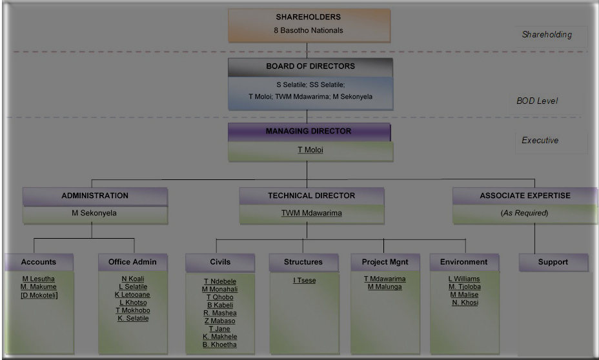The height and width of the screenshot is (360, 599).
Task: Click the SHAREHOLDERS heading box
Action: (x=309, y=17)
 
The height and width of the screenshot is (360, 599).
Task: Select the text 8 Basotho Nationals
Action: (x=309, y=30)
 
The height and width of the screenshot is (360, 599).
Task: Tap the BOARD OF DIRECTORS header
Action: (x=310, y=66)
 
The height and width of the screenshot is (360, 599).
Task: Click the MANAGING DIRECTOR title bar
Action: (x=309, y=132)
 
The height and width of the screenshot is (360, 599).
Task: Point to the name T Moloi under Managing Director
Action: (x=310, y=150)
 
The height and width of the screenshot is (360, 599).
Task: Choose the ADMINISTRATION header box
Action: (x=95, y=196)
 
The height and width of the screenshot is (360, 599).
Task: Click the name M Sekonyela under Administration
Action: (x=94, y=213)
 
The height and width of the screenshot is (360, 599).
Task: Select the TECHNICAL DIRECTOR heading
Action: (x=311, y=196)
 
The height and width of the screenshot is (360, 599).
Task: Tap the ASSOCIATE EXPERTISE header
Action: (x=525, y=196)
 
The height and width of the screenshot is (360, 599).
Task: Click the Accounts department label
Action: (x=39, y=263)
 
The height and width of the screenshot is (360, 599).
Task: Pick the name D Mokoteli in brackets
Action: (x=39, y=295)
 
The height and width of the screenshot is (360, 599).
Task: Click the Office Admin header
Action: (x=133, y=263)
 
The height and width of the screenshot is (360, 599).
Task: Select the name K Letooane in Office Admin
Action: (x=133, y=295)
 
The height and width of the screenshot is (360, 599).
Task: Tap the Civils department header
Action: (x=220, y=263)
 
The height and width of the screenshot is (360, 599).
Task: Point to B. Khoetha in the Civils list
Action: (x=219, y=345)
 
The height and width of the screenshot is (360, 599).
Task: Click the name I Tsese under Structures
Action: (x=304, y=281)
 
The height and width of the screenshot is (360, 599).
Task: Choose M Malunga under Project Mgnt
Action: (x=385, y=287)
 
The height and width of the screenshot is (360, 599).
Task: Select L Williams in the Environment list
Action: (x=464, y=279)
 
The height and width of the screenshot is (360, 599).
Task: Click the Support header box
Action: (x=553, y=263)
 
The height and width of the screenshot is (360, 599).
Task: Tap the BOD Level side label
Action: (x=537, y=101)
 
